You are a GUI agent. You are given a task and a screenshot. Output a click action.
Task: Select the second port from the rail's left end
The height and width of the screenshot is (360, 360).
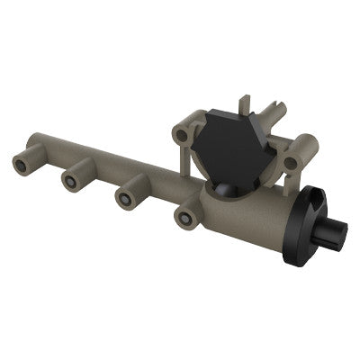click(70, 179)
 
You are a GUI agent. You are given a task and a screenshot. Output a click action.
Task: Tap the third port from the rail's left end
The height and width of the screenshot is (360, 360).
click(127, 195)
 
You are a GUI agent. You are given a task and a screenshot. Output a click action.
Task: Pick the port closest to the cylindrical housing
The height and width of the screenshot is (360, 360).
click(185, 217)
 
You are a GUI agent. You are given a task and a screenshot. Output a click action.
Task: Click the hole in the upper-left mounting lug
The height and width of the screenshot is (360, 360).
click(184, 135)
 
